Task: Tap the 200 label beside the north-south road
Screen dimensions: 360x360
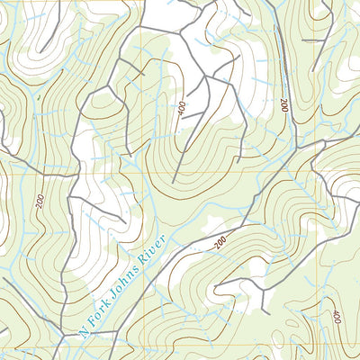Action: (285, 106)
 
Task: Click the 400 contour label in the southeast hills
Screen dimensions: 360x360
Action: (336, 317)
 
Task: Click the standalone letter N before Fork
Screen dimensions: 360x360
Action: (85, 330)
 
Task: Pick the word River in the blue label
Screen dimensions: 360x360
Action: (154, 250)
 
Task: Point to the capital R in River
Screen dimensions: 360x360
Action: (143, 262)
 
